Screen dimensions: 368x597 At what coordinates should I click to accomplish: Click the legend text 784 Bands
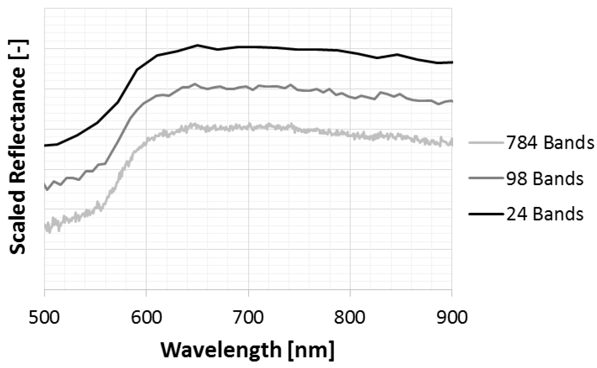click(x=550, y=143)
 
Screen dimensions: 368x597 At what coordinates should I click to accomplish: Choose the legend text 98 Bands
click(x=545, y=179)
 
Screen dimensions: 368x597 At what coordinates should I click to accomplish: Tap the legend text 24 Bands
click(x=545, y=214)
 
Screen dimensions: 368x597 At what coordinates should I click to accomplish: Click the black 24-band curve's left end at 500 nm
click(x=45, y=145)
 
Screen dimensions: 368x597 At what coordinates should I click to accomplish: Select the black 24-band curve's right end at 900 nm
click(x=452, y=62)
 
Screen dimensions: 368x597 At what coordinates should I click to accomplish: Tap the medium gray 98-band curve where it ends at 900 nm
click(x=452, y=101)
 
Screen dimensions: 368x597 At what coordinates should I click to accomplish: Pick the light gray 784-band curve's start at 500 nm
click(x=45, y=227)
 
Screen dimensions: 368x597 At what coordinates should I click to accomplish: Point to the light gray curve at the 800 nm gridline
click(x=350, y=135)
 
